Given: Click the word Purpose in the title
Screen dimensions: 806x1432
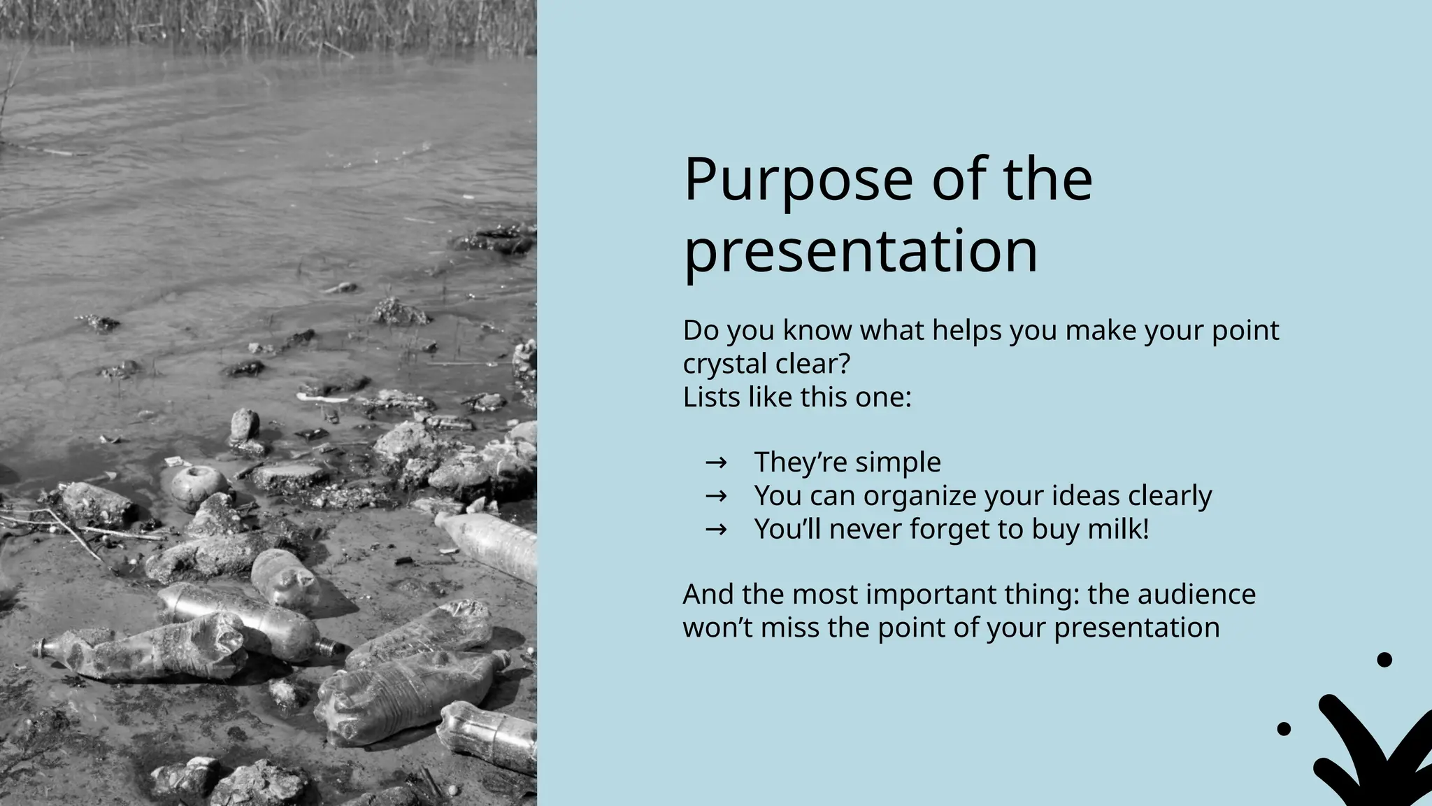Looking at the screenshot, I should [798, 181].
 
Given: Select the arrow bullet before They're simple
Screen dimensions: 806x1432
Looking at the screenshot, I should [716, 462].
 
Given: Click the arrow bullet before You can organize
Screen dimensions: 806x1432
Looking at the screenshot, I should [716, 496].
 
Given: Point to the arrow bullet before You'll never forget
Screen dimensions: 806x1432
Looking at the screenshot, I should [716, 530].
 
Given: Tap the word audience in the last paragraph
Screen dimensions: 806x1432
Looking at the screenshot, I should [1196, 595].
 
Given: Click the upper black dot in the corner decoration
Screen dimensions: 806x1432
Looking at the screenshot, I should [1384, 660].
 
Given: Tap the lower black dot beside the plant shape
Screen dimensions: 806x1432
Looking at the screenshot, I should [1284, 729].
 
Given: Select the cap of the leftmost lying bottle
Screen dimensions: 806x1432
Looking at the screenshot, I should [40, 648].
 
